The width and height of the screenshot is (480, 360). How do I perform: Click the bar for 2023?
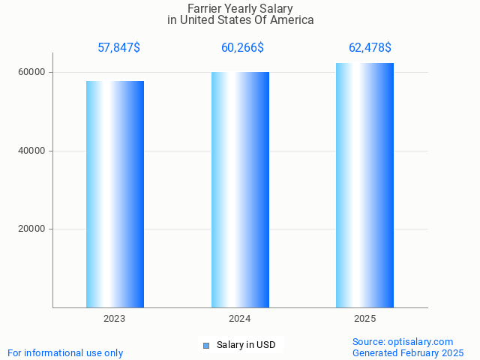click(115, 194)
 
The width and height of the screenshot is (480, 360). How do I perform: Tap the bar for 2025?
click(364, 185)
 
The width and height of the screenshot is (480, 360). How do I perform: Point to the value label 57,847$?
click(118, 48)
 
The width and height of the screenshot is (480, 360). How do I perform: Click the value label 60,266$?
click(242, 48)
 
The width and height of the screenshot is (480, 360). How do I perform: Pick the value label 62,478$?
click(370, 48)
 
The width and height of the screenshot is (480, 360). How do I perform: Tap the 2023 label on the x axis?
click(115, 319)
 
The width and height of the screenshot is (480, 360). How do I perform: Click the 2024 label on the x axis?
click(240, 319)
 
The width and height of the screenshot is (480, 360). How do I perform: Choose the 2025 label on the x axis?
click(364, 319)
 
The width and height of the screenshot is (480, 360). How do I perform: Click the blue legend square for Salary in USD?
click(206, 346)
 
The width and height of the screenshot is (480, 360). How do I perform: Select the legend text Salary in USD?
click(246, 346)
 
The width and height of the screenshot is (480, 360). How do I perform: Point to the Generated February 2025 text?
click(408, 353)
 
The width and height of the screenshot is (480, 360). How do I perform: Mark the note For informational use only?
click(65, 353)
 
